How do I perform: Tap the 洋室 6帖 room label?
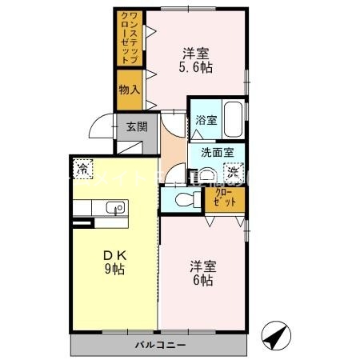(202, 273)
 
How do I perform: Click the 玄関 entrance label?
(136, 126)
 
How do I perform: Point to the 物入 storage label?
(129, 89)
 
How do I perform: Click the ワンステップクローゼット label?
(129, 38)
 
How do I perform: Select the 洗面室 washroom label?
(216, 152)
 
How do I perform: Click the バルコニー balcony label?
(158, 345)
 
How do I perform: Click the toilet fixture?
(182, 199)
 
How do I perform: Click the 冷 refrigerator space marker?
(82, 169)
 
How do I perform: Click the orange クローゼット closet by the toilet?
(225, 198)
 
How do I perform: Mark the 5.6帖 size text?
(195, 69)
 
